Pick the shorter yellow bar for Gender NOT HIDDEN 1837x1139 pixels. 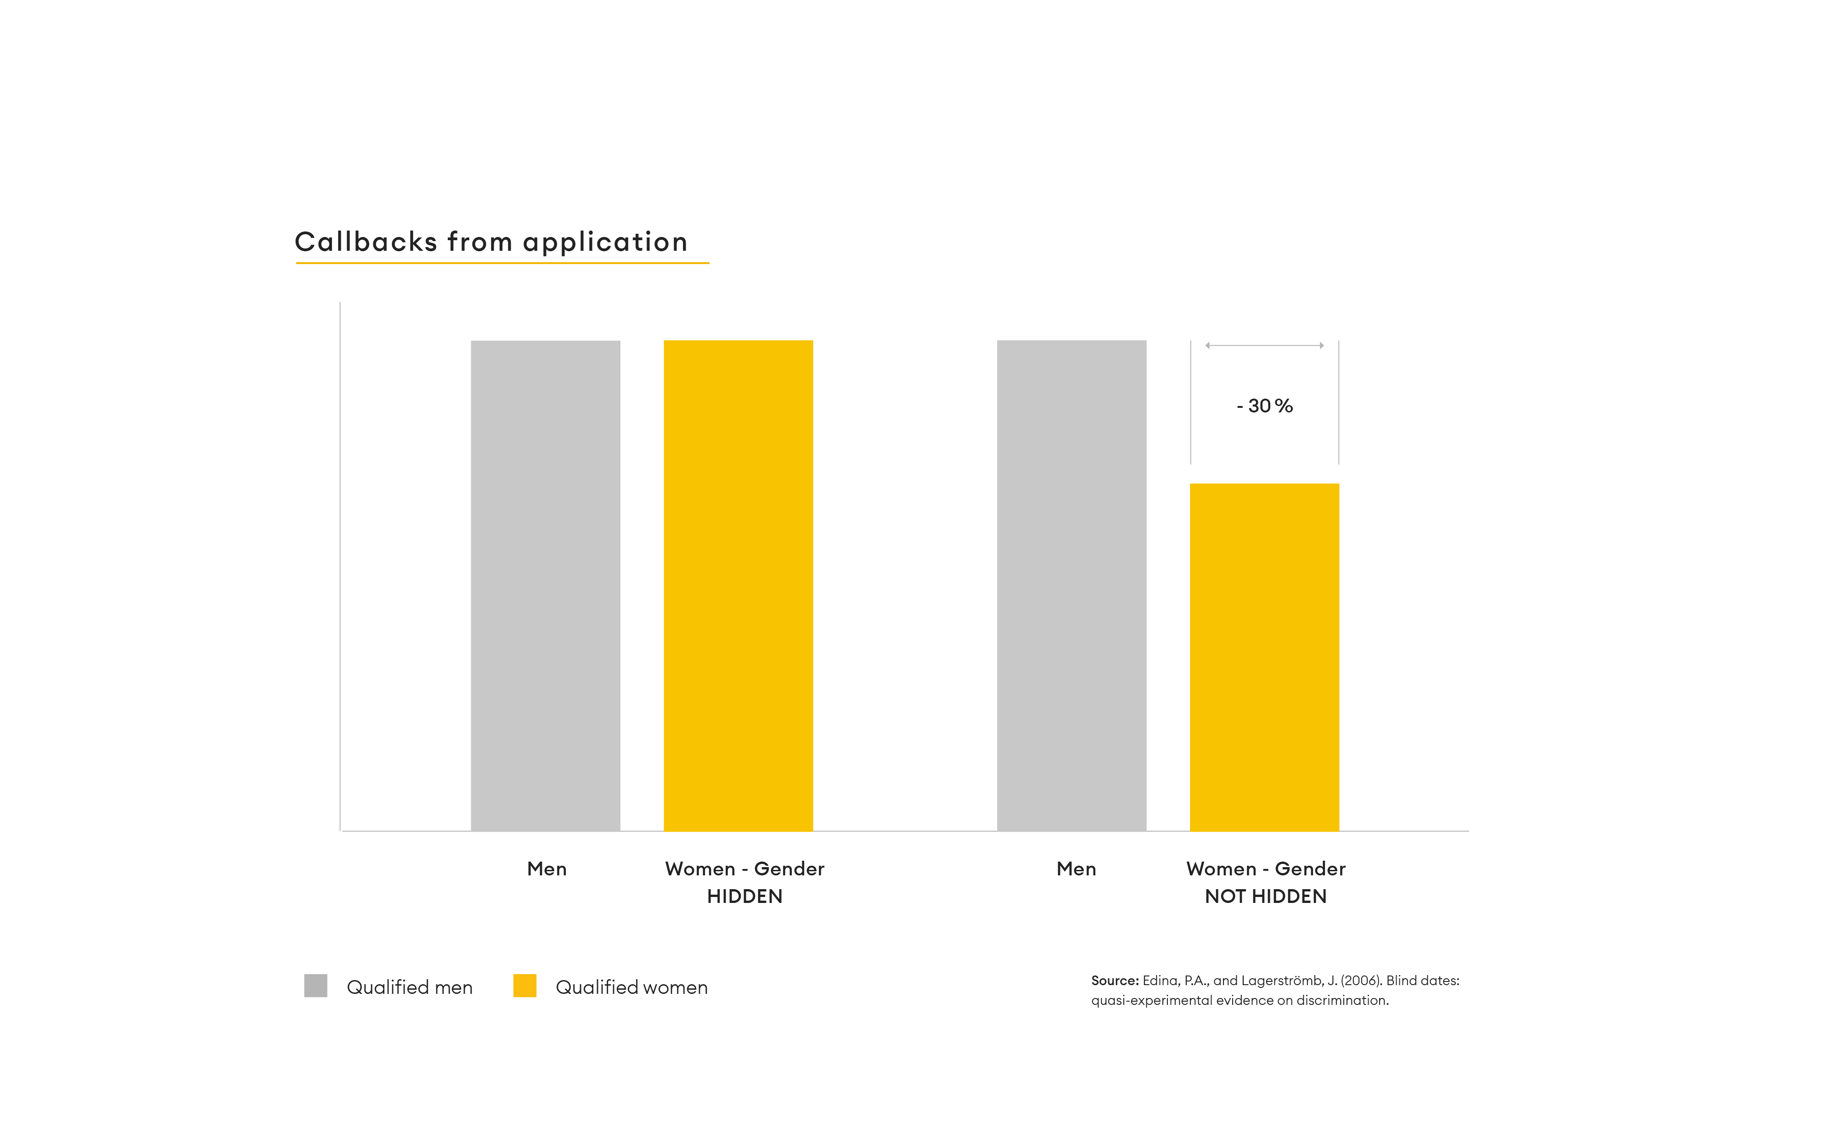point(1264,657)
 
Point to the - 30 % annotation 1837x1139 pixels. point(1265,406)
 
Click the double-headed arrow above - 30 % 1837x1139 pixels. point(1265,346)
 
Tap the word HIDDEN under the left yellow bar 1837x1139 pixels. point(744,897)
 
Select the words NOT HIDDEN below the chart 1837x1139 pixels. point(1265,897)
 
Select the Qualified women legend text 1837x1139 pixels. point(631,987)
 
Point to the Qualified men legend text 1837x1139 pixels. point(409,987)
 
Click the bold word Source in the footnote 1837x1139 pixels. point(1114,981)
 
